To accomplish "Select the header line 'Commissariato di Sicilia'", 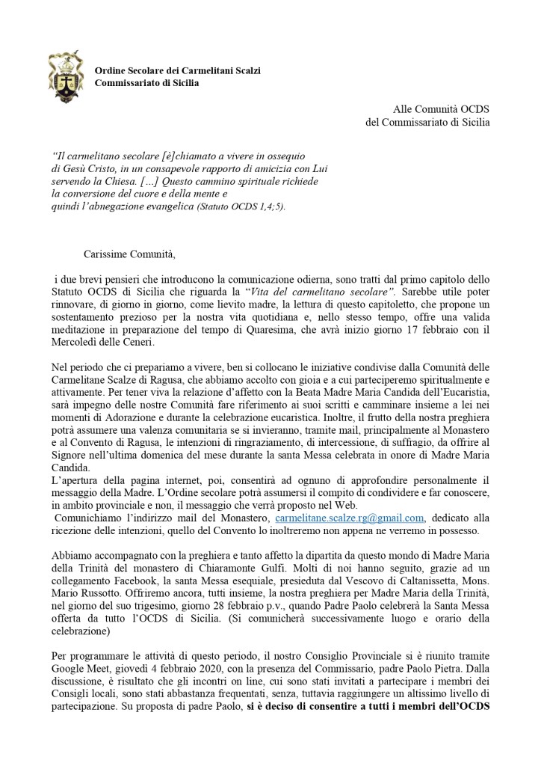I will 146,82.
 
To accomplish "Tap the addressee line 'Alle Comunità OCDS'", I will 442,110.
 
